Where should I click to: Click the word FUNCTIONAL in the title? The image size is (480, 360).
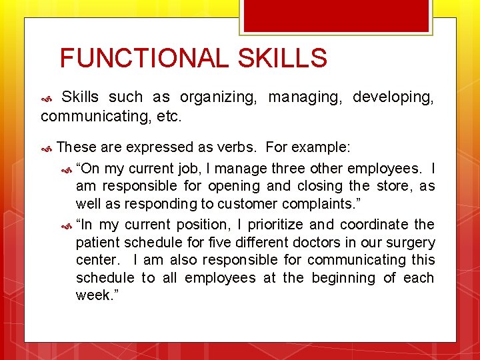coord(144,59)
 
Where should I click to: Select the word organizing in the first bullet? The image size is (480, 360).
coord(216,97)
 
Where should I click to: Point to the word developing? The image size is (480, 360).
coord(393,97)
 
